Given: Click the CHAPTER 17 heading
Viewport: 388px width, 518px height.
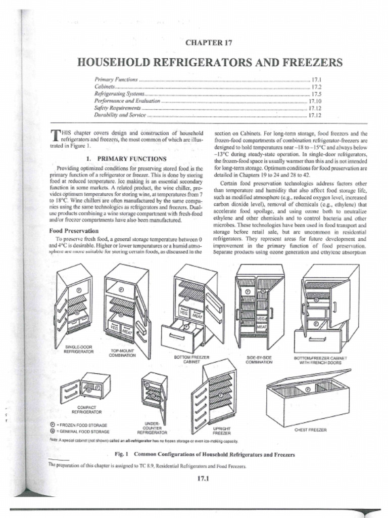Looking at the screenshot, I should click(x=209, y=43).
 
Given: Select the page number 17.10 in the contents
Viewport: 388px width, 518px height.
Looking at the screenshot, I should click(x=315, y=101).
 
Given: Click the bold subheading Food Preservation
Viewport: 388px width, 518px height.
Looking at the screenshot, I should click(x=70, y=230).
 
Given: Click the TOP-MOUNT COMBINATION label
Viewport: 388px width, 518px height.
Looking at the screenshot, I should click(x=122, y=353).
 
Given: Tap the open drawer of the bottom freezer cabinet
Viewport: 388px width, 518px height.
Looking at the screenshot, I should click(x=181, y=337).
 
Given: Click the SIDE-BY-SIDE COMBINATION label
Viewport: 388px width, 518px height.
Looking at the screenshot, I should click(x=260, y=360).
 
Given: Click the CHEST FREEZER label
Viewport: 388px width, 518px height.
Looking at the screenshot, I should click(x=310, y=430).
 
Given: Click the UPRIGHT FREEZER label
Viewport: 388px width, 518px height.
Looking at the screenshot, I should click(x=222, y=431).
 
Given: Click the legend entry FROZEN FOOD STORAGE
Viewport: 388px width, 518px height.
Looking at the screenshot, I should click(x=84, y=425).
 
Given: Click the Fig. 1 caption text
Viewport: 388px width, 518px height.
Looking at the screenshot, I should click(x=205, y=454).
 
